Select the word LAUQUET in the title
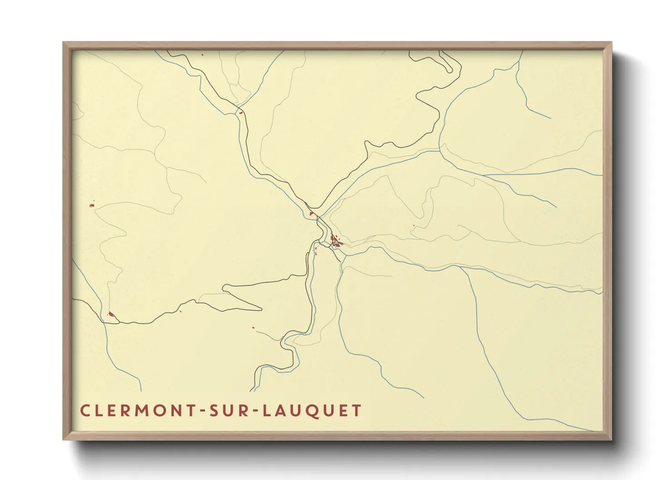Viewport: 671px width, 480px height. [312, 411]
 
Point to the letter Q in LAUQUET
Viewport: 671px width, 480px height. [313, 411]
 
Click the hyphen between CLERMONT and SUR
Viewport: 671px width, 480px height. [203, 411]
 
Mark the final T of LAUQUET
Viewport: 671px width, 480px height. [357, 411]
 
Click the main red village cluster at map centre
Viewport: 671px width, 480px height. [335, 241]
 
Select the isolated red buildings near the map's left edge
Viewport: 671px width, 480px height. [92, 205]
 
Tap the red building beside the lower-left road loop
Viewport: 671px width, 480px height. [110, 314]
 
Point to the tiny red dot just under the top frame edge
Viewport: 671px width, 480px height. [202, 55]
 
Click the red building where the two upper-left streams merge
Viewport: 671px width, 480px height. [241, 113]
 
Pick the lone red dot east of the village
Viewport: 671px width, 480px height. [414, 226]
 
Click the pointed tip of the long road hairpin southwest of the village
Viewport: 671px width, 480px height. [261, 309]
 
